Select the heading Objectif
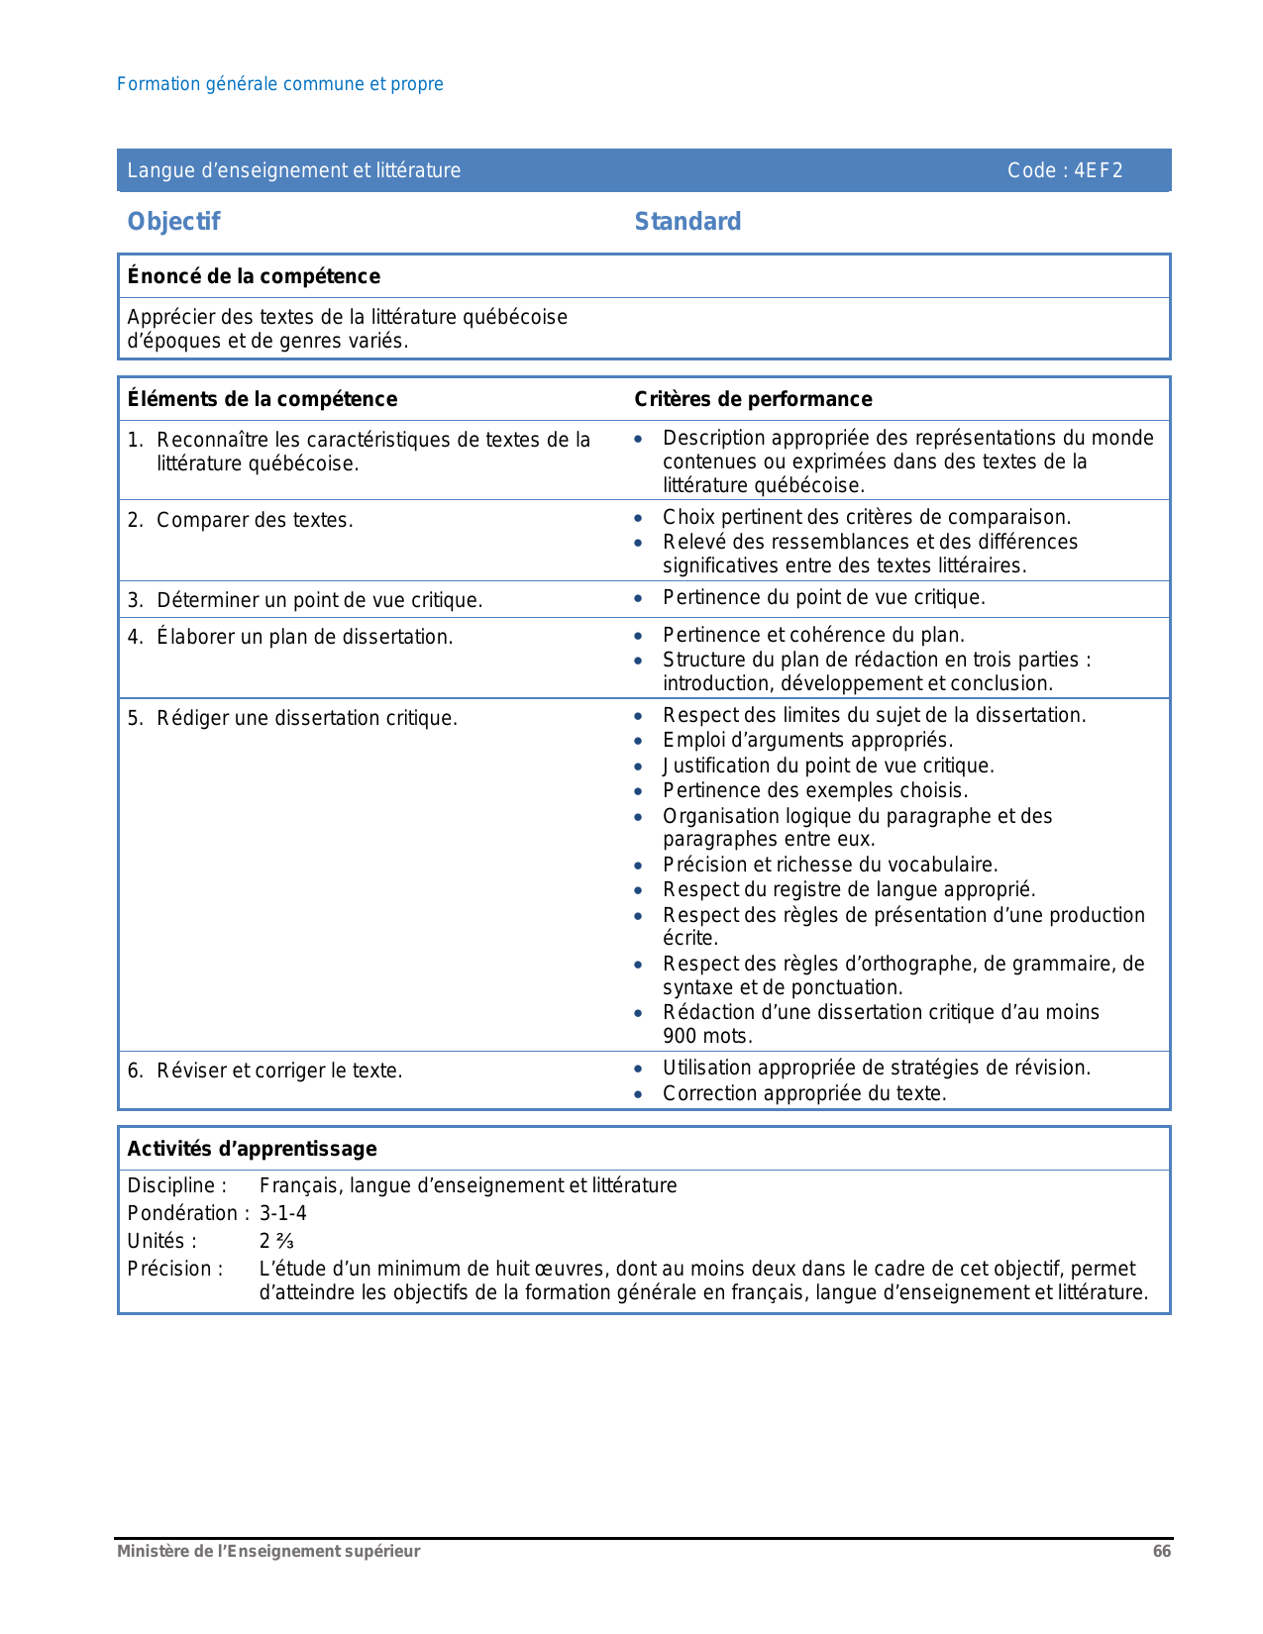click(173, 221)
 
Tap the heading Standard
click(687, 221)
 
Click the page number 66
click(1161, 1552)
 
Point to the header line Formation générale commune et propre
click(280, 84)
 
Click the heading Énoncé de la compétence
click(254, 276)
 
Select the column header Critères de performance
click(753, 399)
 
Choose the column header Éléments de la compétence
click(263, 399)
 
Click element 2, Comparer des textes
click(255, 520)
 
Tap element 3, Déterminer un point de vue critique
click(319, 600)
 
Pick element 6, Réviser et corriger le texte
click(279, 1071)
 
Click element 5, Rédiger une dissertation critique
click(307, 718)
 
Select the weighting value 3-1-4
click(283, 1213)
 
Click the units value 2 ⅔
click(276, 1241)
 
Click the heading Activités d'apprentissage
click(252, 1149)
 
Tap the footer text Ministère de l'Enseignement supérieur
click(268, 1552)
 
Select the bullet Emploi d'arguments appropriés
click(807, 740)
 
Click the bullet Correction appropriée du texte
click(804, 1093)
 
